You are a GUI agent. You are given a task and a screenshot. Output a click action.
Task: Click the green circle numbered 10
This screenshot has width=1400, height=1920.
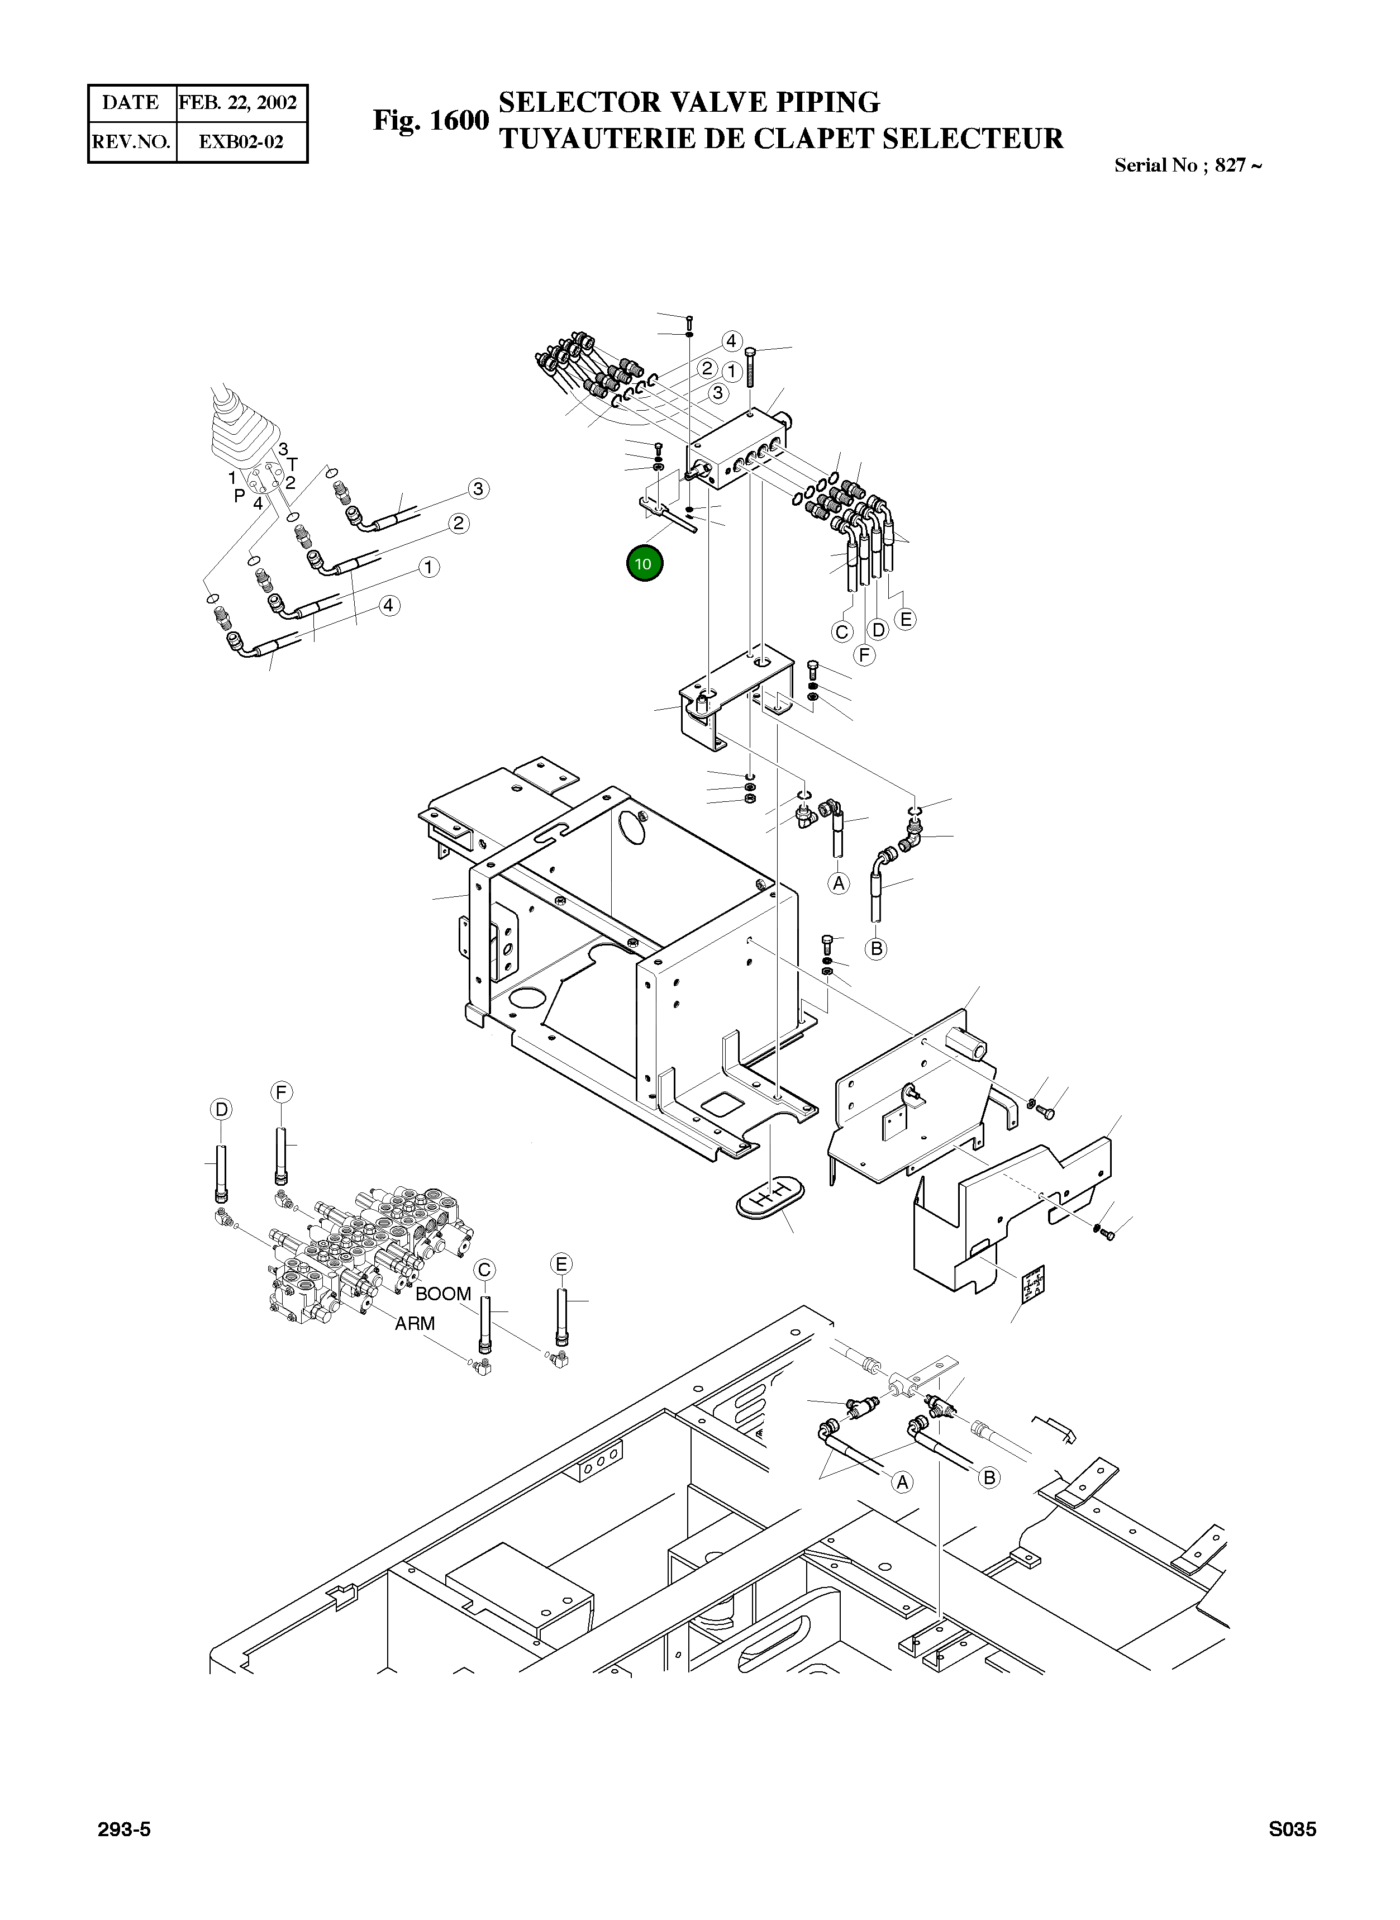point(644,564)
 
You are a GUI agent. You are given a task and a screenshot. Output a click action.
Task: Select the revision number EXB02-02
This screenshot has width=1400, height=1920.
point(241,141)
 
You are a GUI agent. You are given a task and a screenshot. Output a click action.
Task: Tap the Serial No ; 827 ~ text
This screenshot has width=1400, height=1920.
point(1187,165)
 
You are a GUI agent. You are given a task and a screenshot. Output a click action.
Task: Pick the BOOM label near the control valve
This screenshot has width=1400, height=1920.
point(442,1294)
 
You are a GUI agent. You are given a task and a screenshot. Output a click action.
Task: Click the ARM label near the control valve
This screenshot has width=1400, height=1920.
point(415,1323)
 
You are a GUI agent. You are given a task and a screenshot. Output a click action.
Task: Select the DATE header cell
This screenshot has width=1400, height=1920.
point(131,103)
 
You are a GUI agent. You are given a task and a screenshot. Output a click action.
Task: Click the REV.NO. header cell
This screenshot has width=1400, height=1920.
point(131,141)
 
